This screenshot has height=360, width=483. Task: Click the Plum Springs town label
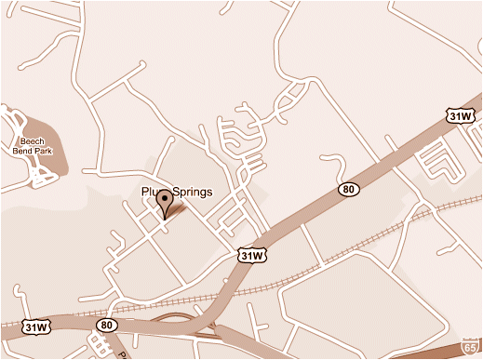[x=177, y=193]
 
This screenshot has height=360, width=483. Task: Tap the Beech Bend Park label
[x=33, y=146]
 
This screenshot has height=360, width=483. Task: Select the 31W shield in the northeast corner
[x=459, y=116]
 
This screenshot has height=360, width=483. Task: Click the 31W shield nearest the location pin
[x=252, y=254]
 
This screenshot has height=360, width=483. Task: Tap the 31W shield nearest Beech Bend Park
[x=35, y=327]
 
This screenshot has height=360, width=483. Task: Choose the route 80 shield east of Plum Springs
[x=349, y=189]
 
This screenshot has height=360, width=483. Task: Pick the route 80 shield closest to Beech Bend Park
[x=105, y=326]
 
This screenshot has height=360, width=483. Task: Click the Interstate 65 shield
[x=470, y=347]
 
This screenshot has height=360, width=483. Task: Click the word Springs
[x=192, y=193]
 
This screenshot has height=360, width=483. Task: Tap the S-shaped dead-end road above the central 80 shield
[x=332, y=164]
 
